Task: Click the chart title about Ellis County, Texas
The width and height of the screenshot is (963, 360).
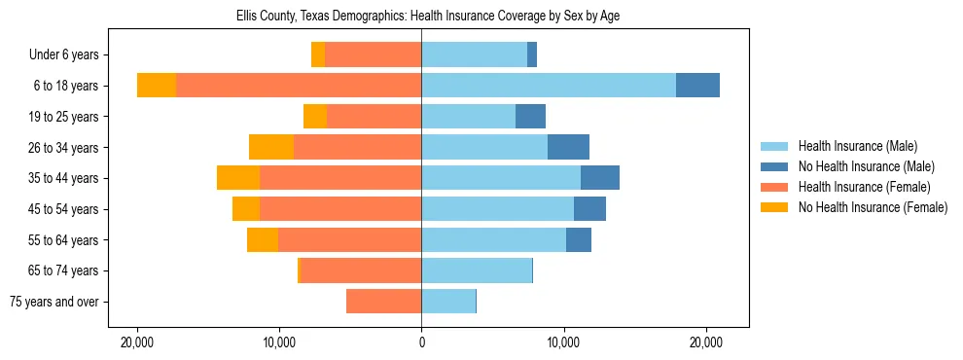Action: point(428,17)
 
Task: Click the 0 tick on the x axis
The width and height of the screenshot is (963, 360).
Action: point(421,343)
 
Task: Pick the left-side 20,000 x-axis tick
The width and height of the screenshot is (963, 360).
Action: point(137,343)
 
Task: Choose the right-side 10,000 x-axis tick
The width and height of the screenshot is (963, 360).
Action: point(563,343)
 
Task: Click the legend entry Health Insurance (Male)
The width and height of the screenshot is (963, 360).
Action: point(857,146)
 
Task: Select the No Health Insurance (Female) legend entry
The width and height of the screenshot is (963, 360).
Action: point(873,207)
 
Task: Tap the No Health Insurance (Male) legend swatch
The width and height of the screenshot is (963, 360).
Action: point(774,166)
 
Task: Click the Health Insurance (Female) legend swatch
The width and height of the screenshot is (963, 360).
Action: point(774,187)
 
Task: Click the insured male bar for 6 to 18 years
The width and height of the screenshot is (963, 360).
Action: point(549,86)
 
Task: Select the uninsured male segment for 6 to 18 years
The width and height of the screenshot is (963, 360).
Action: point(697,86)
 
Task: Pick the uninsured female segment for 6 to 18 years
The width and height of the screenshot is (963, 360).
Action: point(157,86)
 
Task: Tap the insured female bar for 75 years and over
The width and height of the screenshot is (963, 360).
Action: point(384,302)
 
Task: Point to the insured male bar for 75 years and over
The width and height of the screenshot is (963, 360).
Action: point(448,302)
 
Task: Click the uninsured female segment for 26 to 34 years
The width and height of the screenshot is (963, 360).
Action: point(271,147)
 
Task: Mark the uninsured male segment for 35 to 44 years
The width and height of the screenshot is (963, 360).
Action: point(600,178)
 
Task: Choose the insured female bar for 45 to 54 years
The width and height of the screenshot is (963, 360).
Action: point(340,209)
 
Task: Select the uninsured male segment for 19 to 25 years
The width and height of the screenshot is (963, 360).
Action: point(530,117)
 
